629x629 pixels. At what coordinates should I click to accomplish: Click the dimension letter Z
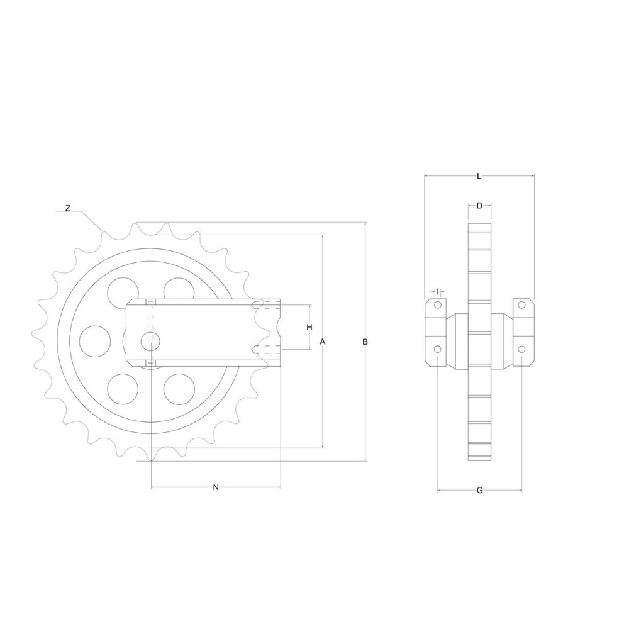(x=68, y=208)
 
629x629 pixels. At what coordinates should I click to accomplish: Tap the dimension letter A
(x=322, y=342)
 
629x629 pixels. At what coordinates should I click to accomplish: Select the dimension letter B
(x=365, y=342)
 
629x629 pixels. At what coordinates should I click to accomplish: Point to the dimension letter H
(x=309, y=327)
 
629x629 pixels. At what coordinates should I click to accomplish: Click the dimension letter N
(x=216, y=487)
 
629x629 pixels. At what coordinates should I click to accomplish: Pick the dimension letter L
(x=479, y=175)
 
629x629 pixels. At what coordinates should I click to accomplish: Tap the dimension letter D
(x=479, y=206)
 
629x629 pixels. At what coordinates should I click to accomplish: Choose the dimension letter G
(x=479, y=490)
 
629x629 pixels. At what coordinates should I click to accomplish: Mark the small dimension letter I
(x=438, y=291)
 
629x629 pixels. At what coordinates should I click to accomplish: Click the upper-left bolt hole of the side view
(x=438, y=305)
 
